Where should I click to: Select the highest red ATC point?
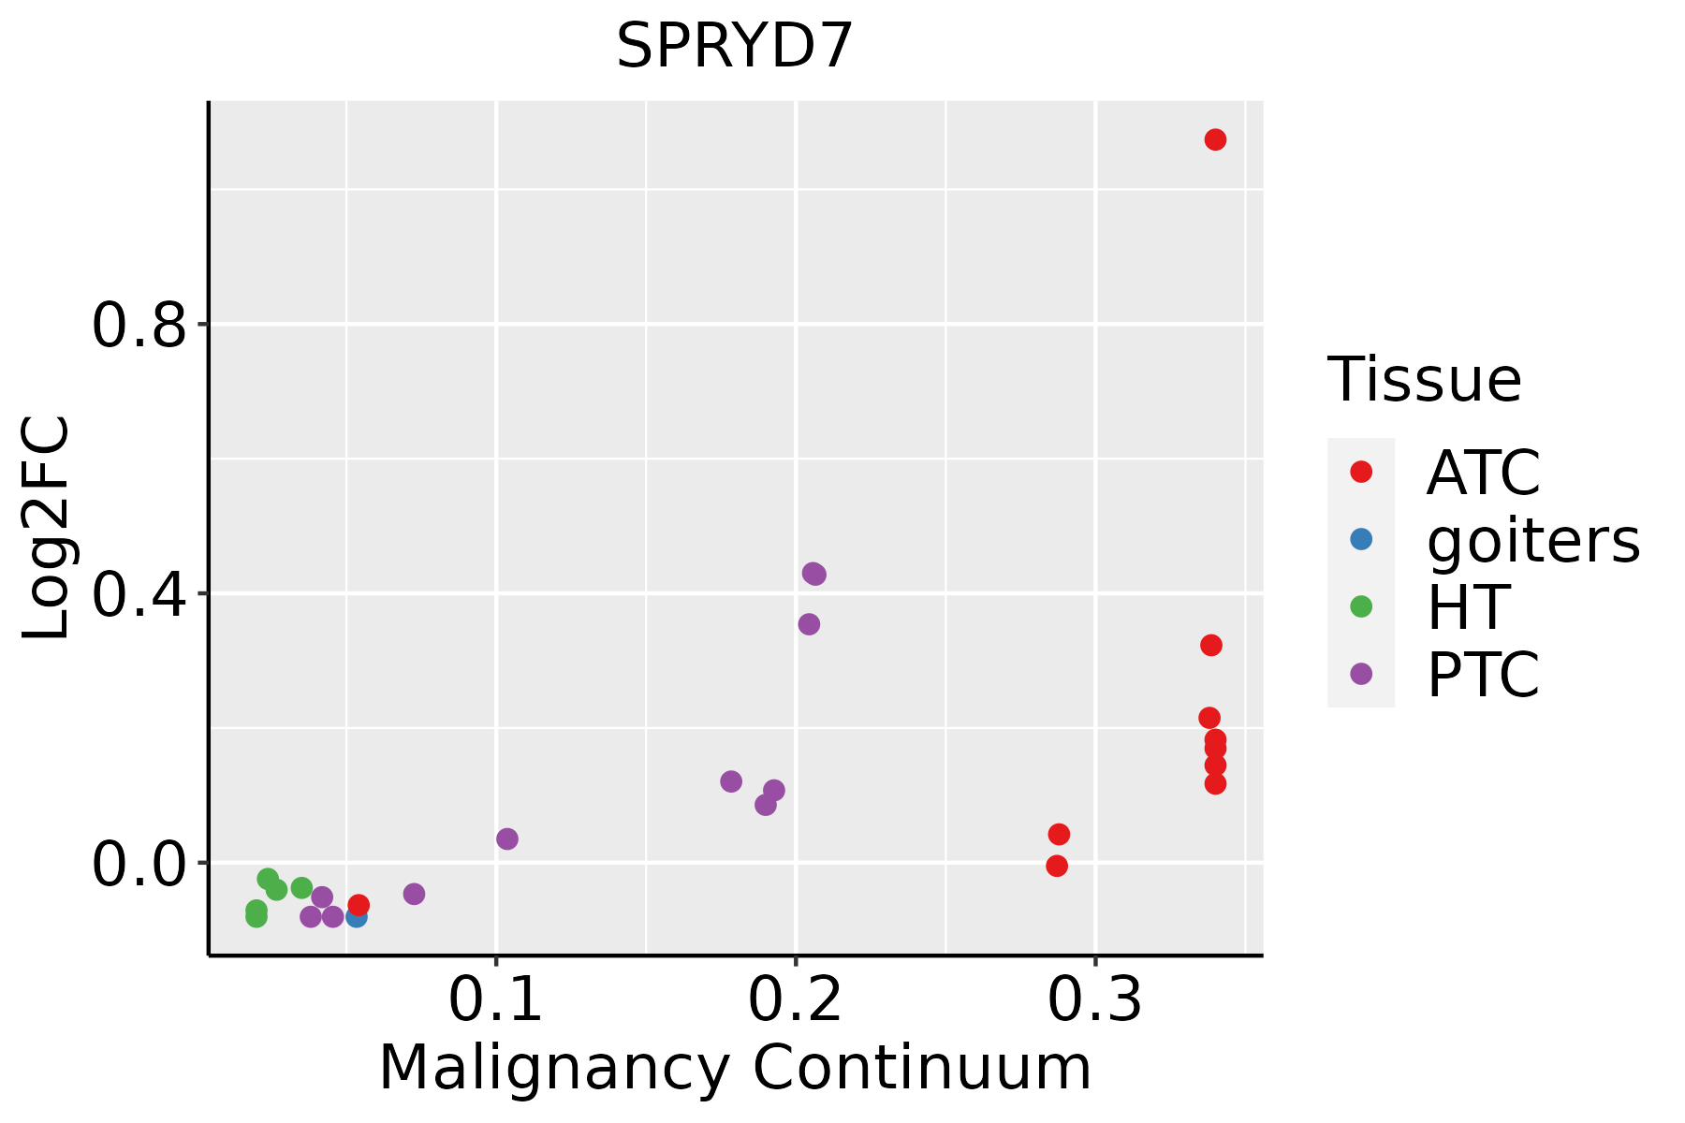pos(1215,139)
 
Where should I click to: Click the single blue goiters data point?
pos(356,917)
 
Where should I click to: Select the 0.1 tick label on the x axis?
pos(496,1000)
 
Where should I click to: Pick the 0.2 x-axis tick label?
pos(796,1000)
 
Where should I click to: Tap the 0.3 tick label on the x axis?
pos(1095,1000)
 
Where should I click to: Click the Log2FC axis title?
pos(47,529)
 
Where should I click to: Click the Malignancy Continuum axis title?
pos(735,1068)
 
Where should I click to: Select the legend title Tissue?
pos(1425,380)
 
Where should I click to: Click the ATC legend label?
pos(1483,473)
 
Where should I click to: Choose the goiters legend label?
pos(1533,540)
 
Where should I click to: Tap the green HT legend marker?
pos(1361,606)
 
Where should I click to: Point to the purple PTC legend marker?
pos(1361,674)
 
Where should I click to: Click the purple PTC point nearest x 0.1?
pos(507,839)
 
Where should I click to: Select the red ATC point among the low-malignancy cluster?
pos(359,905)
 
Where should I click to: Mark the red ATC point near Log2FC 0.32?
pos(1211,645)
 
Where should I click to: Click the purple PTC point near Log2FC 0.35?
pos(809,624)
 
